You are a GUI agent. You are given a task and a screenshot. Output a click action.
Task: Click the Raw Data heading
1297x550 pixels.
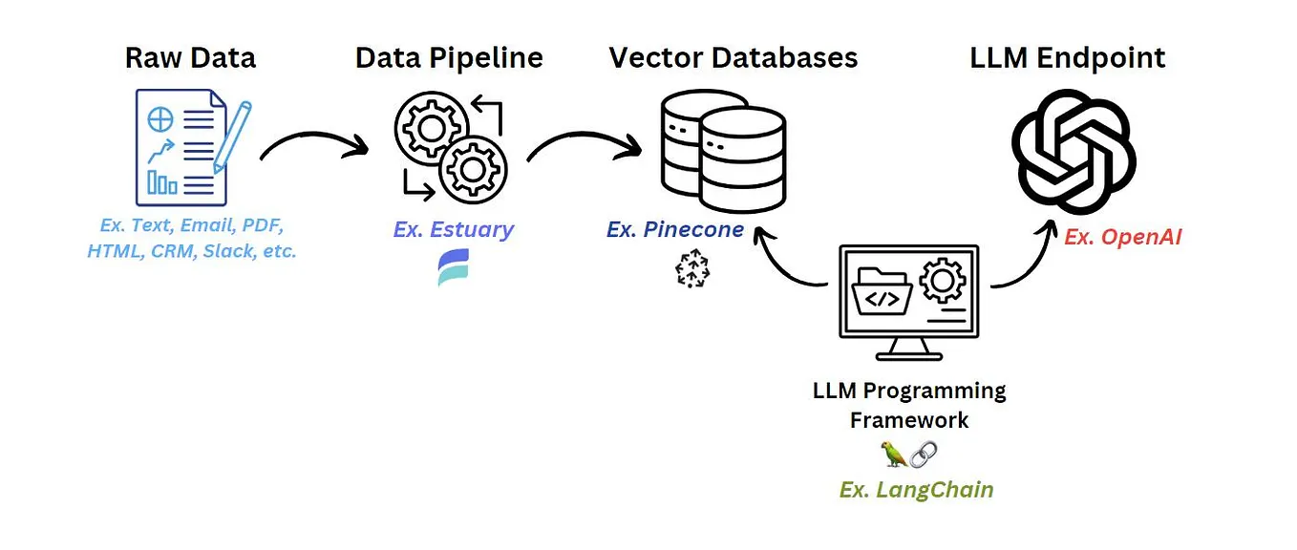[190, 57]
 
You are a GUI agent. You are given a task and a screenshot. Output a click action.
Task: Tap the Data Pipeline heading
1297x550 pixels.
[449, 57]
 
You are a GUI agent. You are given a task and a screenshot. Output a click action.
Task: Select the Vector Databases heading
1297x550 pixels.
[734, 57]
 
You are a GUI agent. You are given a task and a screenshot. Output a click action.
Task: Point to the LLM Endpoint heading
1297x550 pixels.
[1068, 57]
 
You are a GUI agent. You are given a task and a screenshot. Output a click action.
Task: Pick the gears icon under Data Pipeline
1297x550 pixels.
[449, 148]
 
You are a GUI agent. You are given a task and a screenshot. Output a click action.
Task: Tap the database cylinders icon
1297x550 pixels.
[723, 153]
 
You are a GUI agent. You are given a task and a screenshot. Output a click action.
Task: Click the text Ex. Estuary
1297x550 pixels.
[453, 229]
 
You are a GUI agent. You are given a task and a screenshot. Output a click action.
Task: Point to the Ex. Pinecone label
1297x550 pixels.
[674, 229]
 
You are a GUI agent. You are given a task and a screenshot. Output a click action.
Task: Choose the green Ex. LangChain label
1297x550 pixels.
[916, 490]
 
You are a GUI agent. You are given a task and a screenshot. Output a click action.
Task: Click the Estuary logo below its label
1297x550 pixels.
[453, 268]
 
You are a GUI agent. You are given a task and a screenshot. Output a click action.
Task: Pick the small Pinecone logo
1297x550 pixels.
[693, 270]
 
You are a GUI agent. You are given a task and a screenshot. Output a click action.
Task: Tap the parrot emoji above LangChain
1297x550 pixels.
[893, 455]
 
